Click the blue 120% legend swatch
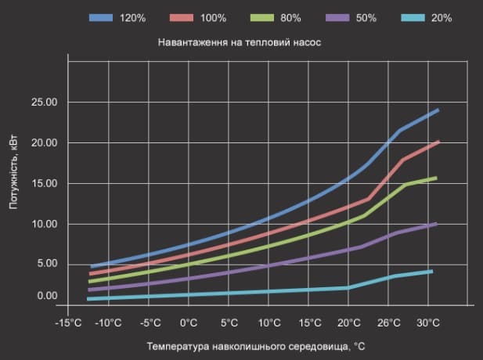coord(101,17)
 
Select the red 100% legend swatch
coord(182,17)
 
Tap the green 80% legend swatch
coord(262,17)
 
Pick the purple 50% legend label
coord(366,18)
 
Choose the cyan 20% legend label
coord(442,18)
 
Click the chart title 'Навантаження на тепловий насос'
coord(240,42)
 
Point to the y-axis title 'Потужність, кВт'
coord(13,172)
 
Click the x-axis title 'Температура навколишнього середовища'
coord(249,347)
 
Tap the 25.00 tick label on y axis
coord(45,103)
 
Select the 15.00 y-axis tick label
coord(45,184)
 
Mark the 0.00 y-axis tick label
coord(48,296)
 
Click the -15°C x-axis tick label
coord(68,322)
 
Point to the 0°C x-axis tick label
coord(189,322)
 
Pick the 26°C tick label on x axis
coord(389,322)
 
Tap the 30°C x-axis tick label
coord(428,322)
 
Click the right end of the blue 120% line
coord(438,110)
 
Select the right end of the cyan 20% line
coord(432,272)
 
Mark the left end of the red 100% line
coord(91,273)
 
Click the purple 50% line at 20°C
coord(348,250)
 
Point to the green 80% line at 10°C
coord(269,246)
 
